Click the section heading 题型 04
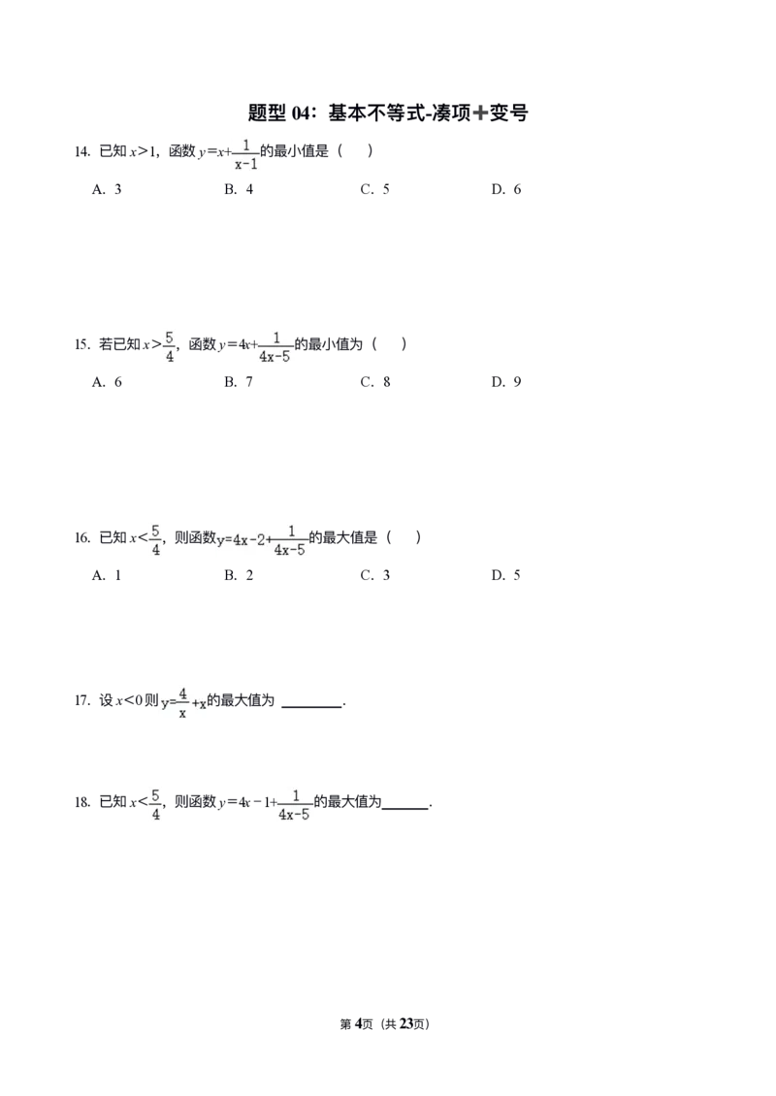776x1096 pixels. [388, 113]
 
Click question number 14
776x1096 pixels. [82, 151]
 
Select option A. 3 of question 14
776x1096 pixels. [107, 189]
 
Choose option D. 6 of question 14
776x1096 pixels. [506, 189]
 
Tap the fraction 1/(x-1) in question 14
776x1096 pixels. [245, 154]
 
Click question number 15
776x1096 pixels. [82, 344]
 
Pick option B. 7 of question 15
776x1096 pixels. [239, 381]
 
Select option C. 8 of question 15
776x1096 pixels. [375, 381]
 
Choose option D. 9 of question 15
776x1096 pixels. [506, 381]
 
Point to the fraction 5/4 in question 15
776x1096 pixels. [169, 347]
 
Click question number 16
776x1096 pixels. [82, 538]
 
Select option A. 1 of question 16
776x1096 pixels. [107, 575]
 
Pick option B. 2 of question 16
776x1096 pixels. [239, 575]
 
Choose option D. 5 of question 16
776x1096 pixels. [506, 575]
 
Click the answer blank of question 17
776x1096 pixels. [311, 707]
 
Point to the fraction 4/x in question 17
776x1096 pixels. [182, 703]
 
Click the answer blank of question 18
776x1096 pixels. [405, 808]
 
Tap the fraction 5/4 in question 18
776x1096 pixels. [155, 805]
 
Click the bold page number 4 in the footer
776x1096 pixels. [358, 1024]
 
